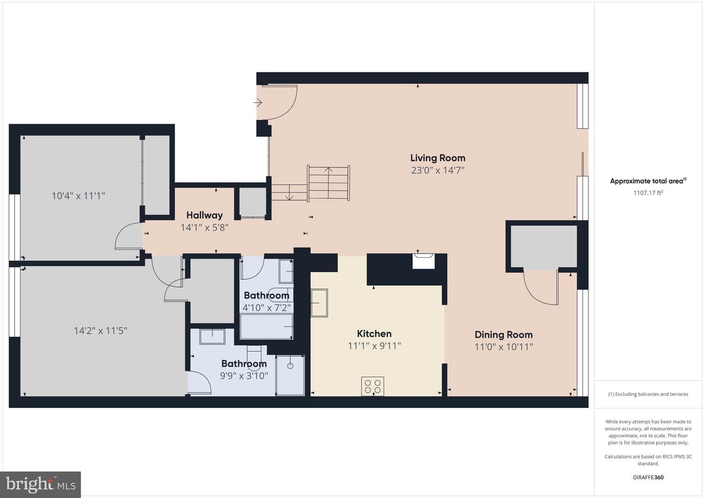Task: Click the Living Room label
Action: pyautogui.click(x=438, y=158)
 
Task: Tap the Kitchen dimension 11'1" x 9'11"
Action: pyautogui.click(x=374, y=346)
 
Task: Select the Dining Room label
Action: pyautogui.click(x=504, y=335)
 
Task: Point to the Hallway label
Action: pyautogui.click(x=205, y=215)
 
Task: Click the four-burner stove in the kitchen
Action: pyautogui.click(x=373, y=386)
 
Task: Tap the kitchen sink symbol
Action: pyautogui.click(x=319, y=303)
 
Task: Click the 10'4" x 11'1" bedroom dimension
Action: pyautogui.click(x=78, y=196)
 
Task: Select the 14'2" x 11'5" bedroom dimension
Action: pyautogui.click(x=100, y=331)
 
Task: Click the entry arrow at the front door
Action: pyautogui.click(x=258, y=103)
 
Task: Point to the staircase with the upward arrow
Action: pyautogui.click(x=329, y=183)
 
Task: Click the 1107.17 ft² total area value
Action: pyautogui.click(x=648, y=193)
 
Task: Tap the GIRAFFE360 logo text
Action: pyautogui.click(x=648, y=477)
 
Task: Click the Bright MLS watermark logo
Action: pyautogui.click(x=41, y=484)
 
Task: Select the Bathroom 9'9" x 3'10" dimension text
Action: pyautogui.click(x=244, y=376)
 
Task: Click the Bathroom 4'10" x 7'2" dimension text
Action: pyautogui.click(x=266, y=308)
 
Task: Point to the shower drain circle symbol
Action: pyautogui.click(x=290, y=365)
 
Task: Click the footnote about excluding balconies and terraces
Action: pyautogui.click(x=648, y=394)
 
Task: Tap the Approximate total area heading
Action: pyautogui.click(x=648, y=181)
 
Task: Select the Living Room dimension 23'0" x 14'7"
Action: pyautogui.click(x=438, y=170)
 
